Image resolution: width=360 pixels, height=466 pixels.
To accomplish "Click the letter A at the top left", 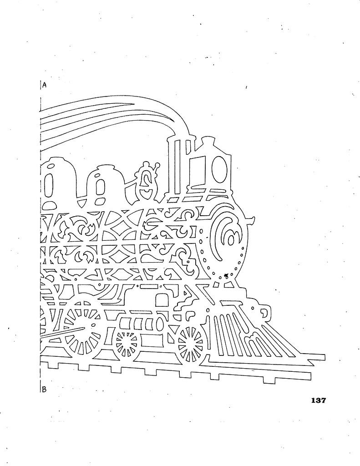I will [x=45, y=85].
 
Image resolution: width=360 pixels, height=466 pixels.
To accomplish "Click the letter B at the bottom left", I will [x=45, y=389].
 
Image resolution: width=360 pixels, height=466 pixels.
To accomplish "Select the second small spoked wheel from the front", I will [x=126, y=344].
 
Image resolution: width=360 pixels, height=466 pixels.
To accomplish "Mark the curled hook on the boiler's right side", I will [x=249, y=222].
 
